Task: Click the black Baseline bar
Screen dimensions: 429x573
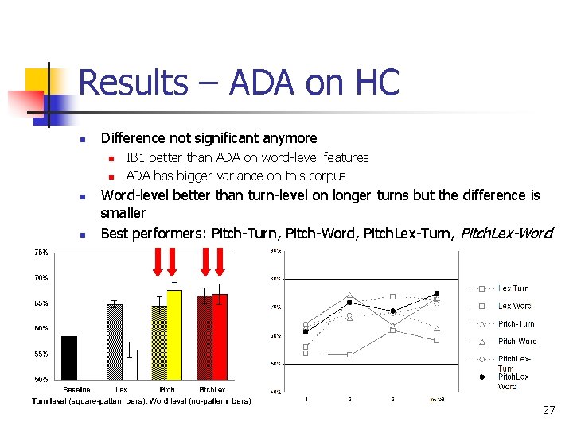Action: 69,357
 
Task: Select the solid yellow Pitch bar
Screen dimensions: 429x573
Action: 174,334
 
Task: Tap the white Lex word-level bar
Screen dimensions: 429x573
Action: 130,364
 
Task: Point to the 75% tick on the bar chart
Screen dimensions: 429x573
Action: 41,253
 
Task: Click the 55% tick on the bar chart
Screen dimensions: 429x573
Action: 41,354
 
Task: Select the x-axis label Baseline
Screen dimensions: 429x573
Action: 76,390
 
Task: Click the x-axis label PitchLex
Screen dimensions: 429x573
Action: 212,390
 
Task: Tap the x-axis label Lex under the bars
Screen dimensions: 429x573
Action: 121,390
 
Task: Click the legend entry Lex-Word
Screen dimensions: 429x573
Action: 514,306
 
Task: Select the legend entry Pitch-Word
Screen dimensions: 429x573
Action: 517,342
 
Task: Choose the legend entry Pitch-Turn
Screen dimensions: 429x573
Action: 516,324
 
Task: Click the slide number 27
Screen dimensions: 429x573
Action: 548,410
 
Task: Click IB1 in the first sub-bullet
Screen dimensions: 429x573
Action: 136,157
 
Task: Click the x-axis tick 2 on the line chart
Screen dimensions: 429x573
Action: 349,398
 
